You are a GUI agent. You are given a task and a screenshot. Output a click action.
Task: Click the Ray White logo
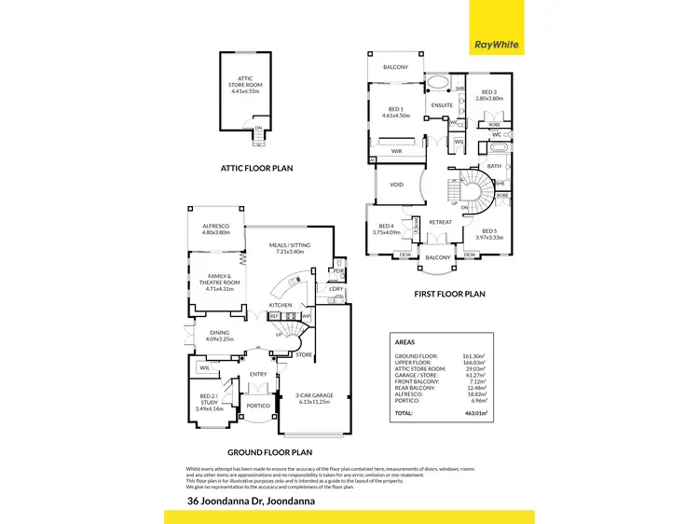click(x=497, y=44)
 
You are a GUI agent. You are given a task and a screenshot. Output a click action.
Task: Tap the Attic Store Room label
click(x=245, y=83)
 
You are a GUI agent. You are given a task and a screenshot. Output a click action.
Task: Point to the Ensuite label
click(x=441, y=105)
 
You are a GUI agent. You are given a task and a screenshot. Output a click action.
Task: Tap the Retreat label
click(x=439, y=221)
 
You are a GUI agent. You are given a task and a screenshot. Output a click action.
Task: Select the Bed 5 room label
click(x=492, y=234)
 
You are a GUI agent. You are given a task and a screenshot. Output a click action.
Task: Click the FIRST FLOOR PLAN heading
click(x=450, y=294)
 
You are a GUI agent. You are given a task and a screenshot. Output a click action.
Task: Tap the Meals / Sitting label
click(x=290, y=248)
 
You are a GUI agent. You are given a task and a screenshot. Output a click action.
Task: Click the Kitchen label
click(x=281, y=305)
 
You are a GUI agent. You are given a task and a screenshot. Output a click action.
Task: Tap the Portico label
click(x=256, y=406)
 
